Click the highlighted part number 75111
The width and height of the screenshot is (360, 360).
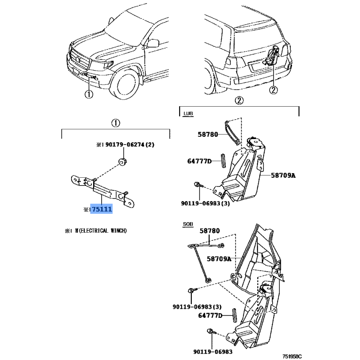click(x=102, y=210)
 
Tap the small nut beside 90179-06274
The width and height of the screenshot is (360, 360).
click(x=121, y=162)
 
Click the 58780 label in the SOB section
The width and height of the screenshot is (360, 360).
click(x=210, y=231)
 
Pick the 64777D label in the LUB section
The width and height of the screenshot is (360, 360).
click(x=199, y=161)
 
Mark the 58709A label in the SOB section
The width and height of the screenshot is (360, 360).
click(x=219, y=259)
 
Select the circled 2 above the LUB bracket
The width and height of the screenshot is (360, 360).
click(x=239, y=100)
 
